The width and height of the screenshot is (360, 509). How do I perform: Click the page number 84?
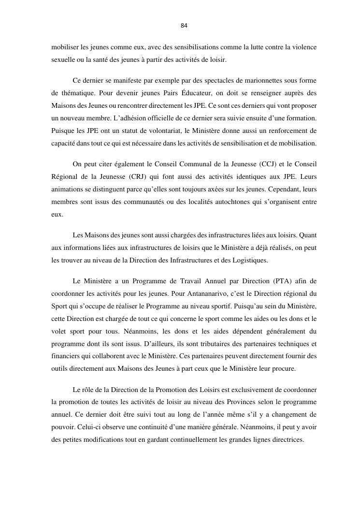[184, 25]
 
